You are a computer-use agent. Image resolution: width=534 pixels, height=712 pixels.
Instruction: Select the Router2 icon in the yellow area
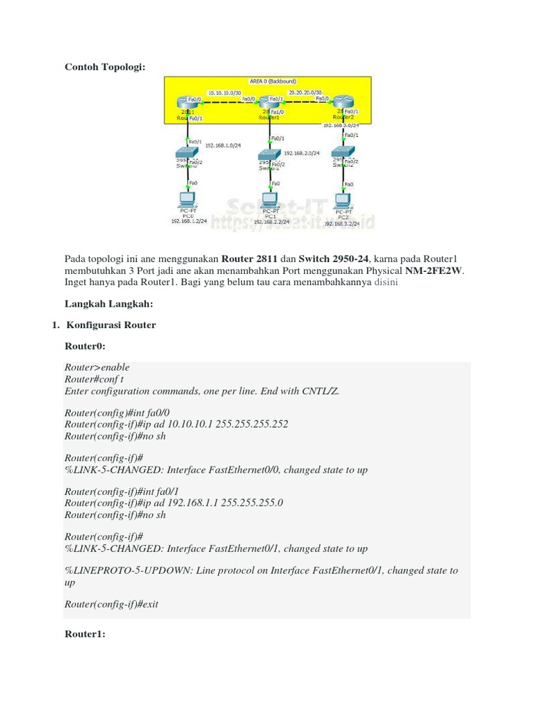click(341, 103)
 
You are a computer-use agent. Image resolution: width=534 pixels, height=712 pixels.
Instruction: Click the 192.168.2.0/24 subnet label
click(302, 153)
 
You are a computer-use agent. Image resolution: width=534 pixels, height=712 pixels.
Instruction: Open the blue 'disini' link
click(386, 284)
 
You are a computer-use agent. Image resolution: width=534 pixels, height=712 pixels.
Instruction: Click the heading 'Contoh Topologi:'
click(106, 67)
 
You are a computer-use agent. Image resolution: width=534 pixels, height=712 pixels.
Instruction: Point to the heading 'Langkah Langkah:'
click(108, 304)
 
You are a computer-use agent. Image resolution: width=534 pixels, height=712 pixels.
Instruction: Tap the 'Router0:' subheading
click(85, 345)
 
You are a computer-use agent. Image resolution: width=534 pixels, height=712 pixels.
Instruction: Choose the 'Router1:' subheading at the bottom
click(85, 634)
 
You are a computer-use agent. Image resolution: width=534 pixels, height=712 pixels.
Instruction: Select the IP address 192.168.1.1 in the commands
click(189, 503)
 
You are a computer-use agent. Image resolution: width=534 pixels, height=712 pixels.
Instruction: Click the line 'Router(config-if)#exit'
click(111, 604)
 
